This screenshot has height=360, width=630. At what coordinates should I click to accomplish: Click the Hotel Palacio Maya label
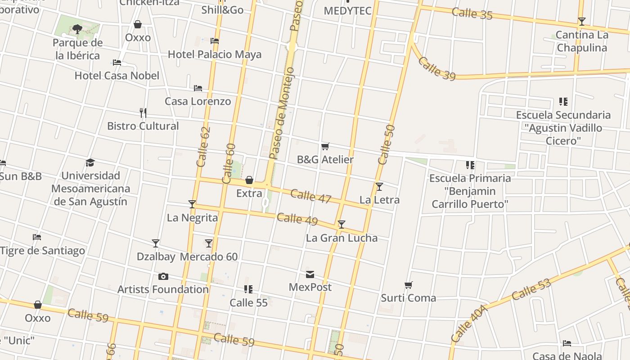pos(214,54)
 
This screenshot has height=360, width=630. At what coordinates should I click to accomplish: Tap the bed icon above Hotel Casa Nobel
pos(117,63)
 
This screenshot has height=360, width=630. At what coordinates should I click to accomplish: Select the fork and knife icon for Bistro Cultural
pos(143,112)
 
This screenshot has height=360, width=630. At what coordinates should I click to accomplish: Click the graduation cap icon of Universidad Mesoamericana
pos(90,162)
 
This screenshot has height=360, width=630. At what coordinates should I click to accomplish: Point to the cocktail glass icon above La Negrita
pos(192,204)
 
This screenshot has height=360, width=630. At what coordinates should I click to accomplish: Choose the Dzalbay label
pos(156,256)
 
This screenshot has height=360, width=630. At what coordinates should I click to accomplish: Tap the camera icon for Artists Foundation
pos(163,276)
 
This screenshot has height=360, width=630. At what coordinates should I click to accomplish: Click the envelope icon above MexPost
pos(310,274)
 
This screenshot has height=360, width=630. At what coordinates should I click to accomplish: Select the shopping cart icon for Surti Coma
pos(409,285)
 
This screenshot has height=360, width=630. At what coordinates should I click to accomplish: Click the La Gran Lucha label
pos(342,238)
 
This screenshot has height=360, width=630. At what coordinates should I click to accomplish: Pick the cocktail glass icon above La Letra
pos(379,187)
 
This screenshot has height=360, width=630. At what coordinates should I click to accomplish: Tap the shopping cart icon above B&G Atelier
pos(325,146)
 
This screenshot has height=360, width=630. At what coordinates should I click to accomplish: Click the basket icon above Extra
pos(249,180)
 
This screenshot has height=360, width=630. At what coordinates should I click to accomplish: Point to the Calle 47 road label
pos(311,196)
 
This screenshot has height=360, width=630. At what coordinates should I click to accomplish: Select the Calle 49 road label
pos(297,219)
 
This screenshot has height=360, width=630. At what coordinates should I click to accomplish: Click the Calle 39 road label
pos(436,68)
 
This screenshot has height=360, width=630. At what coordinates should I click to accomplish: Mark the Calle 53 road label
pos(531,289)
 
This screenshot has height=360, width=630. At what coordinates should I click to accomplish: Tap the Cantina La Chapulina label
pos(582,41)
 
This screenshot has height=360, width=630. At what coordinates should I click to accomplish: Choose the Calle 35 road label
pos(472,13)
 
